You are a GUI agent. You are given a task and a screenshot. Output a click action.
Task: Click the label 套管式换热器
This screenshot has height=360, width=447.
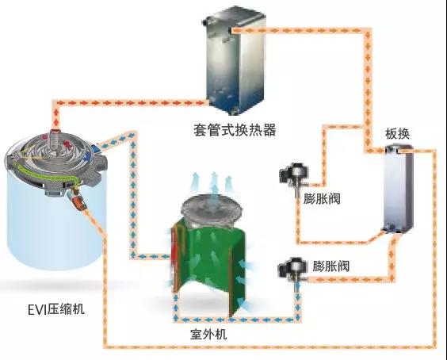click(235, 130)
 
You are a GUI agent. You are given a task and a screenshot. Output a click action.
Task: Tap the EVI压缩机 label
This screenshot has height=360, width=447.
click(55, 309)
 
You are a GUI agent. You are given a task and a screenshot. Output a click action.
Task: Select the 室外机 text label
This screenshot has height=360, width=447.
click(208, 334)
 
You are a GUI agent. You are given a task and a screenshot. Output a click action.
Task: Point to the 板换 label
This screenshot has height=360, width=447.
click(397, 134)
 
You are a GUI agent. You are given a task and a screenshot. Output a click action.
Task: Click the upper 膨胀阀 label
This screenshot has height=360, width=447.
click(322, 198)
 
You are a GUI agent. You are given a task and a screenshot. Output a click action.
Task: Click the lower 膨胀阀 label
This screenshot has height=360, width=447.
click(330, 266)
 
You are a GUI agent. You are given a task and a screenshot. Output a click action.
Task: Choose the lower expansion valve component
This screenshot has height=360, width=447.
click(293, 270)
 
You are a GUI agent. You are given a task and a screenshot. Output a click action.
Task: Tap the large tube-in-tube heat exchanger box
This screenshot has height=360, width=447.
click(235, 60)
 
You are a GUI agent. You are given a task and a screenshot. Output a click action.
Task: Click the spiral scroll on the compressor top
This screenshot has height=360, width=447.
click(53, 151)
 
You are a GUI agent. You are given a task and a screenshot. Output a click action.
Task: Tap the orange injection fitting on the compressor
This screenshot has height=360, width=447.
click(78, 201)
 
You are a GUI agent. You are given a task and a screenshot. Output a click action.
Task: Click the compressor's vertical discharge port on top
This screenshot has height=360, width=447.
click(54, 140)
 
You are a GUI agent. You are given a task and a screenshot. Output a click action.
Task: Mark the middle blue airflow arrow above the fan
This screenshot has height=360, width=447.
click(214, 183)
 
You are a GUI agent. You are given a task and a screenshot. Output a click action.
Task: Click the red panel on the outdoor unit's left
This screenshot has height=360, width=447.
click(174, 257)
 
